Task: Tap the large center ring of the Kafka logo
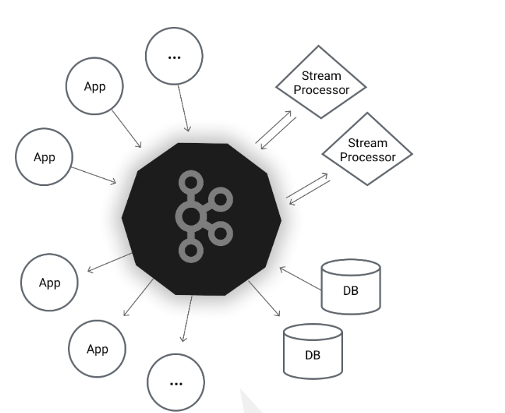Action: [190, 216]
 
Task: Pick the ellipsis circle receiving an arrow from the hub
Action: [176, 382]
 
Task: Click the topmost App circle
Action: [94, 87]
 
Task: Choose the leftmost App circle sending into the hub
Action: [44, 157]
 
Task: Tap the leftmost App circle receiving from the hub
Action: [50, 283]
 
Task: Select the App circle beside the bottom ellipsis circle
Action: [97, 349]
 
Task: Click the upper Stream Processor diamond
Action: [321, 83]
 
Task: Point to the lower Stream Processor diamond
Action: [367, 151]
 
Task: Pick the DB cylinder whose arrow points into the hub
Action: [351, 287]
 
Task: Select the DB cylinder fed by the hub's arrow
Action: [313, 351]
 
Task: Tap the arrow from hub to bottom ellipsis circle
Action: [187, 318]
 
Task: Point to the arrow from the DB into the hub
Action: [299, 277]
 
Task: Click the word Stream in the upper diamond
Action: [321, 76]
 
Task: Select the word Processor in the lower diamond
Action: [367, 157]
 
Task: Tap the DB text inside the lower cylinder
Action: [313, 355]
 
